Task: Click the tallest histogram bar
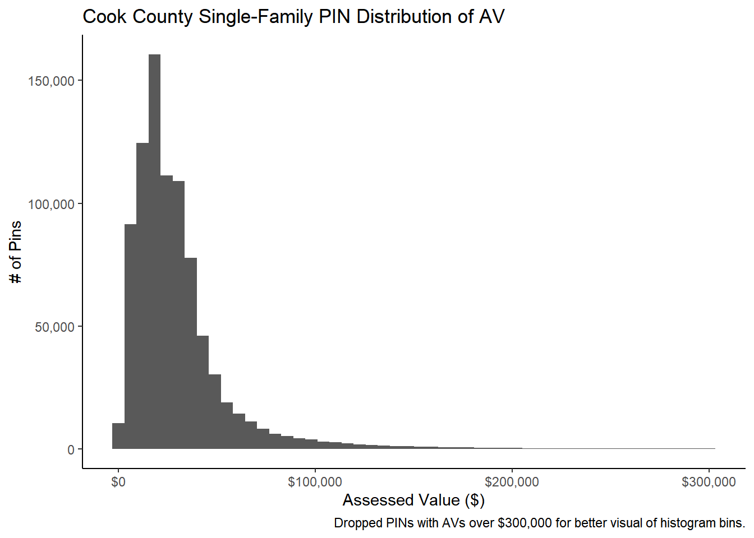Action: [154, 252]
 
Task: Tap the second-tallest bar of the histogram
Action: [142, 297]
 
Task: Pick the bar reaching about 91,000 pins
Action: [130, 336]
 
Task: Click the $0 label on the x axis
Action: [118, 482]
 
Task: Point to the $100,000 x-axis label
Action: [315, 482]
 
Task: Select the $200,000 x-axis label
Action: [512, 482]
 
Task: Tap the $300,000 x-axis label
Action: [709, 482]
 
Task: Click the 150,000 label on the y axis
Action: [51, 81]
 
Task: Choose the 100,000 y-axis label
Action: [51, 205]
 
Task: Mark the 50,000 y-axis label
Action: [54, 327]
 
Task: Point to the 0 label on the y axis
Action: [71, 450]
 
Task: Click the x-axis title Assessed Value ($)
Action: [413, 500]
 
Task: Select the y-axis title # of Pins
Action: [16, 252]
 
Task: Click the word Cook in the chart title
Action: [104, 17]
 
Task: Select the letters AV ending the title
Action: [492, 17]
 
